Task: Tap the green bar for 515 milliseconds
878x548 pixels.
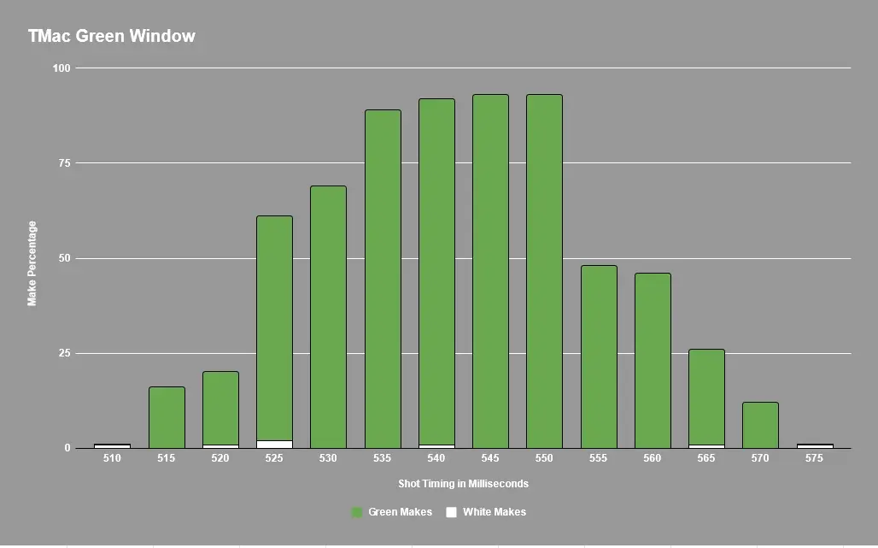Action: [167, 417]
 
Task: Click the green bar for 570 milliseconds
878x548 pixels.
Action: [760, 425]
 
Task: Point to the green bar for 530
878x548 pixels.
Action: [328, 316]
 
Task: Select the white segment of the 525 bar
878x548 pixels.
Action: [274, 445]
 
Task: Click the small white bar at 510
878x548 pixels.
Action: [112, 445]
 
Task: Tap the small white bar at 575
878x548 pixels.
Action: [815, 445]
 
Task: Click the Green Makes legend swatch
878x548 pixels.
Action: [357, 512]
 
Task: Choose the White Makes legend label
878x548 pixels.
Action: [494, 512]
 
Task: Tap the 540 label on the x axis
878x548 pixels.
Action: [436, 458]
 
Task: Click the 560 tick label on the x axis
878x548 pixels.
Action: [653, 458]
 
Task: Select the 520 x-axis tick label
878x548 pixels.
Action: [220, 458]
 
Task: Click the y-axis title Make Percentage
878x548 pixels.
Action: [32, 263]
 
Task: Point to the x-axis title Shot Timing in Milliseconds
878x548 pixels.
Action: [463, 484]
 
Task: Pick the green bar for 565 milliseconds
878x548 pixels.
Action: [706, 397]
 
